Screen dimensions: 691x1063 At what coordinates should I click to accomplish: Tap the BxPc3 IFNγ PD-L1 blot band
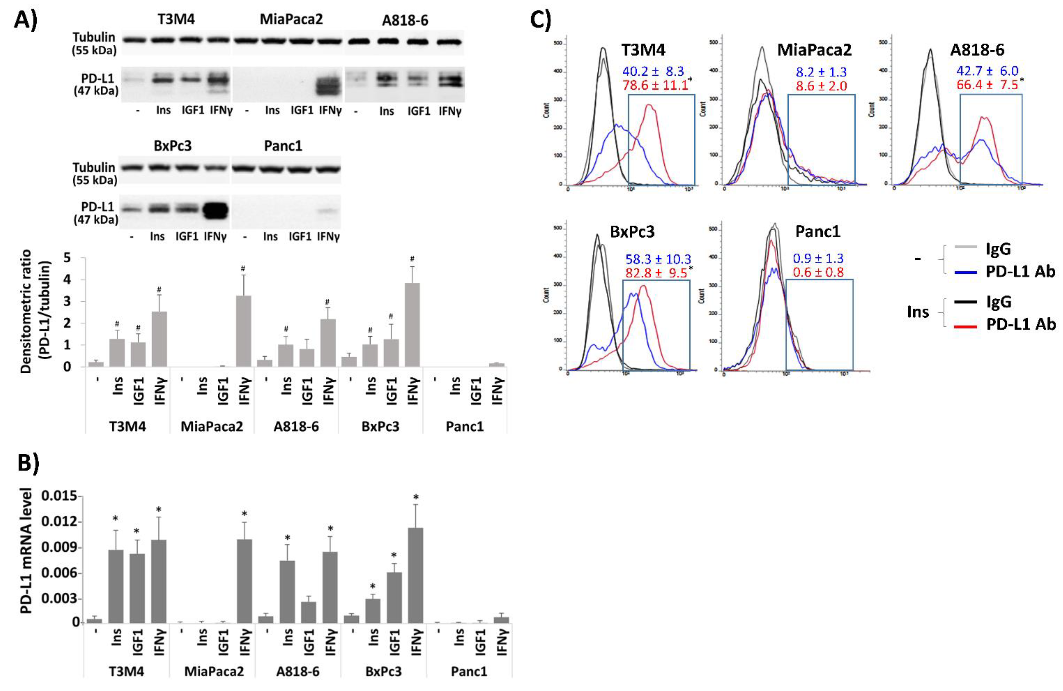[x=216, y=210]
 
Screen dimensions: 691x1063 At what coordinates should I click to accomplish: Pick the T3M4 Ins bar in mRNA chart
[x=116, y=586]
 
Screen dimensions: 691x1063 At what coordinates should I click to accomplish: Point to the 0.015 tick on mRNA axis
[x=59, y=497]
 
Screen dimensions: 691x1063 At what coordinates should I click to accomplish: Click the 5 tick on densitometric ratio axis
[x=67, y=258]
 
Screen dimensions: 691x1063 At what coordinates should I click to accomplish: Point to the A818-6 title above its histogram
[x=977, y=50]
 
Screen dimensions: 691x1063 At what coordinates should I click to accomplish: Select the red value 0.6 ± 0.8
[x=818, y=272]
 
